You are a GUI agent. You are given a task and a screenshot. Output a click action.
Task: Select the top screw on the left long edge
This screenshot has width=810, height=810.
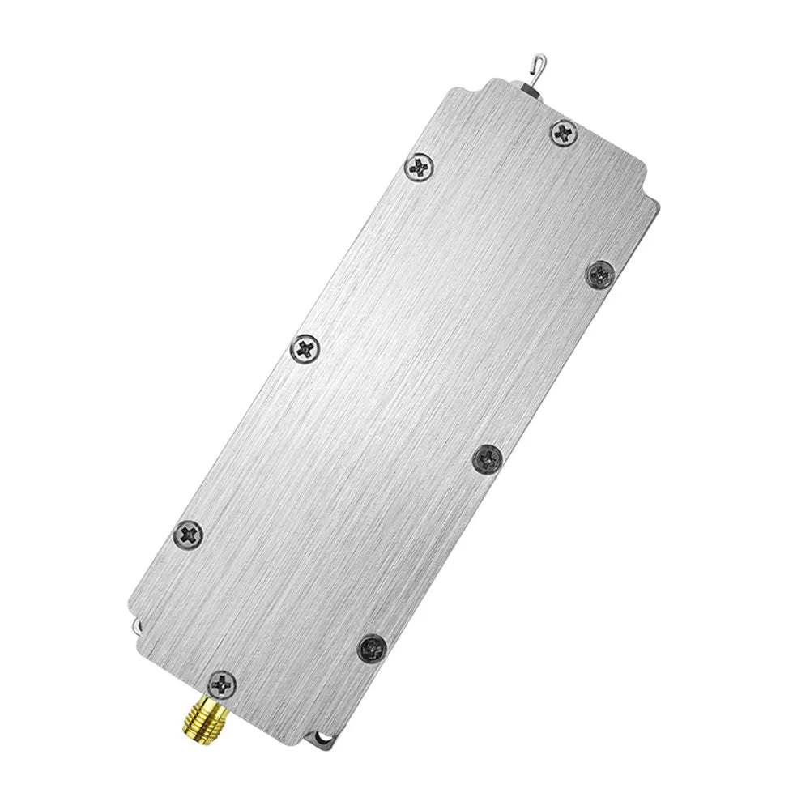[420, 168]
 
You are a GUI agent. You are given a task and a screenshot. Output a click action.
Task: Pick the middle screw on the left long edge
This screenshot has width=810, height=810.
[305, 349]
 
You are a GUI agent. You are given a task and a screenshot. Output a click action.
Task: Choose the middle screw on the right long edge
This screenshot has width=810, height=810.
[488, 458]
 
